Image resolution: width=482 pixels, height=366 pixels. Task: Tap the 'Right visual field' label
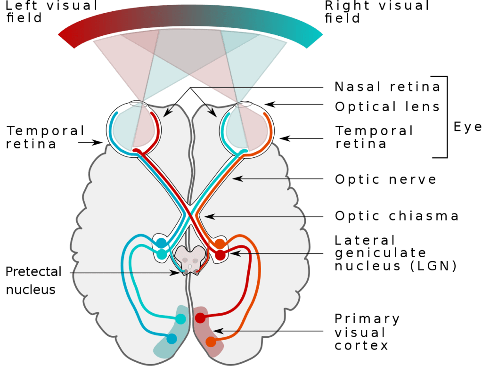point(377,12)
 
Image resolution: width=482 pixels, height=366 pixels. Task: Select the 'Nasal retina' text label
point(388,87)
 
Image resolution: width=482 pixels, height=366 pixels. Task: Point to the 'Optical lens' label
point(387,106)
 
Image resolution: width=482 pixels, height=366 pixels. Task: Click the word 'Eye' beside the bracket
point(467,127)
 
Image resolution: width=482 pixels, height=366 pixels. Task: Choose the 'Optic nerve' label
point(385,179)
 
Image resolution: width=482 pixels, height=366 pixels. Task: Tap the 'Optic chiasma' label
point(397,216)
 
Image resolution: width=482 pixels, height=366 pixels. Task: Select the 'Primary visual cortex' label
point(367,332)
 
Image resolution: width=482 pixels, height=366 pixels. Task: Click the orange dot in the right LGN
point(220,244)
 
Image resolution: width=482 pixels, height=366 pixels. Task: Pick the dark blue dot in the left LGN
point(162,243)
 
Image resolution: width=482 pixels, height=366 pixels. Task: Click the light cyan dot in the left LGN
point(162,254)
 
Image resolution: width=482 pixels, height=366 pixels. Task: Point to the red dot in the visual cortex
point(200,318)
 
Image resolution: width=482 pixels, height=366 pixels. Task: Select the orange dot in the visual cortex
point(211,342)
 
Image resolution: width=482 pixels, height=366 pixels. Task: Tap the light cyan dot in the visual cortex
point(181,319)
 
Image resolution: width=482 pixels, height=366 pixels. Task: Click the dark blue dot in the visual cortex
point(172,339)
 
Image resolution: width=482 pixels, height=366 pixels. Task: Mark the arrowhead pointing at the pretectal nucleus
point(176,273)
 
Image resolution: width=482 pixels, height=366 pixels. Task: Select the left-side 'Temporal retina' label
point(46,138)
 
